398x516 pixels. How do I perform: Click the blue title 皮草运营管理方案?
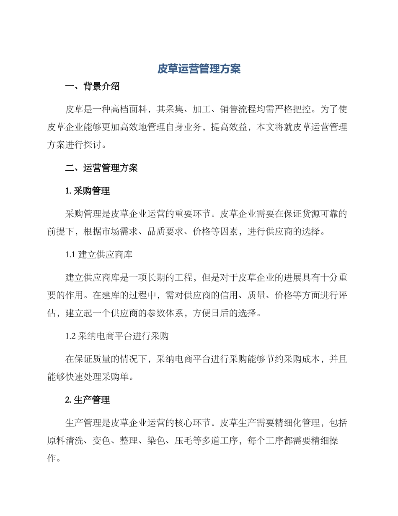point(199,69)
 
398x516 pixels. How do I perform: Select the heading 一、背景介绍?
point(93,87)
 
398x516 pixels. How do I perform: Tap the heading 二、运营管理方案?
point(102,169)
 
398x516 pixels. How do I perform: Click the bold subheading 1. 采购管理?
point(88,191)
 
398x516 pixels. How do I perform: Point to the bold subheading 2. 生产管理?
point(88,400)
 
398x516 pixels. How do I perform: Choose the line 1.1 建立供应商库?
point(99,255)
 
